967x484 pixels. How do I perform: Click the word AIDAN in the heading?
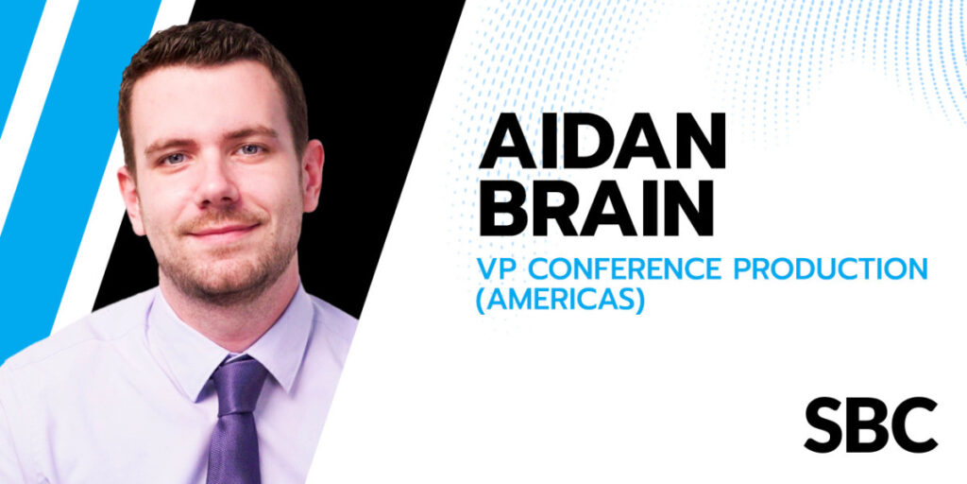(602, 144)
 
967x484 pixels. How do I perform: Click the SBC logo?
(871, 424)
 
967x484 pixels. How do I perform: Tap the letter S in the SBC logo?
(823, 424)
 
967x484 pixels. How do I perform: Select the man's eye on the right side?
(251, 149)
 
